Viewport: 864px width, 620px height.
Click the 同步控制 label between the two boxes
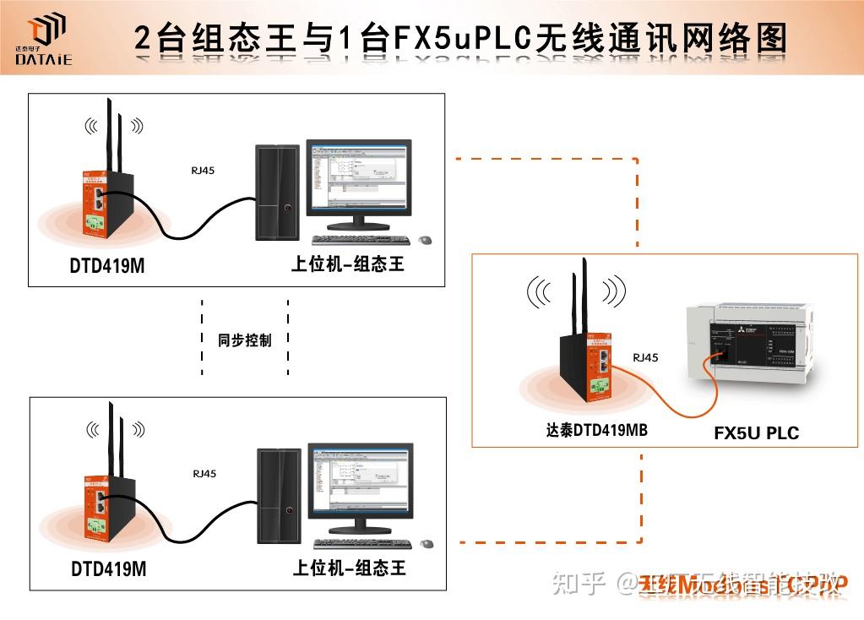click(x=245, y=340)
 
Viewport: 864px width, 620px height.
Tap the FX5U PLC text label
click(x=756, y=433)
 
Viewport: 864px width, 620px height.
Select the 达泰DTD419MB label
click(x=596, y=429)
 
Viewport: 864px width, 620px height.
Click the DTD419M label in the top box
click(x=107, y=266)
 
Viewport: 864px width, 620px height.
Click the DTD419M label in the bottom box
click(x=108, y=569)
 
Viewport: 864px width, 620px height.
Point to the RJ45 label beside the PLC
click(x=645, y=357)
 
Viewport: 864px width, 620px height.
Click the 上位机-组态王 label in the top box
click(x=348, y=264)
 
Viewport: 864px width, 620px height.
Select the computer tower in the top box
click(x=278, y=193)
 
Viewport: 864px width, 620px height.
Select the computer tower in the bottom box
click(x=280, y=497)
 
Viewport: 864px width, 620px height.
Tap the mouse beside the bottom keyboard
click(x=427, y=544)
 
